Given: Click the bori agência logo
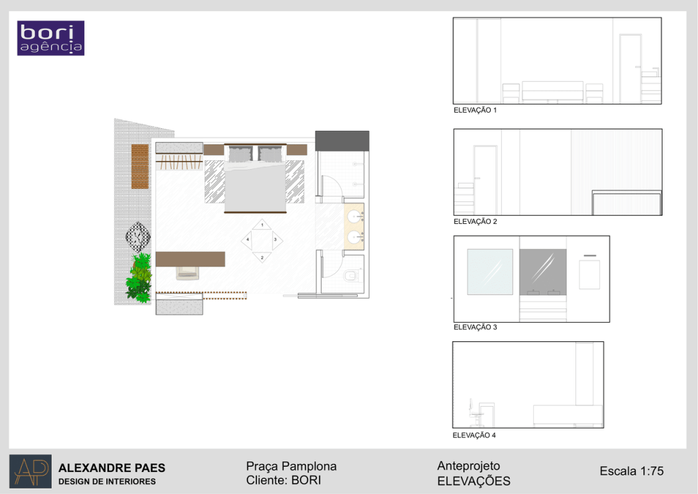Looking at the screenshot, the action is click(50, 38).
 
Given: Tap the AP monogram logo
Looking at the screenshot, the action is click(30, 471).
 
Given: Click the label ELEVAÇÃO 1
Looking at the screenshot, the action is click(475, 110).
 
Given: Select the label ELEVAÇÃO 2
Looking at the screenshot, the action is click(475, 221).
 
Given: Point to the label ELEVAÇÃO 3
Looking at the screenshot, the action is click(475, 327).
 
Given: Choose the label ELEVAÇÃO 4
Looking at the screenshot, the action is click(474, 435).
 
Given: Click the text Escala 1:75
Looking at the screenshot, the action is click(631, 471).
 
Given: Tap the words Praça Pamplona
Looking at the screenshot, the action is click(291, 467).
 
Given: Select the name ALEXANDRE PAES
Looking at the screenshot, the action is click(112, 467).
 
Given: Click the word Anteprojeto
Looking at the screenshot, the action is click(468, 466).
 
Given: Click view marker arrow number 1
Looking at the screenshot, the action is click(262, 224).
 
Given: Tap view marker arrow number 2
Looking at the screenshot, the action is click(262, 257).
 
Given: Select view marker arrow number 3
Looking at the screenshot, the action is click(277, 240).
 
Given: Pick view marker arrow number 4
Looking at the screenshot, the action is click(247, 240).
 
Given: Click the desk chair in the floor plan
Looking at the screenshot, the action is click(187, 273).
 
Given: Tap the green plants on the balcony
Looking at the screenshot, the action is click(139, 278).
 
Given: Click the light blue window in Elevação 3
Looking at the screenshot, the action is click(489, 272).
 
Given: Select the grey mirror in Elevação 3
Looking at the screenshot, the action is click(543, 272).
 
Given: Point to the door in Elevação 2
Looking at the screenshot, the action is click(485, 180).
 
